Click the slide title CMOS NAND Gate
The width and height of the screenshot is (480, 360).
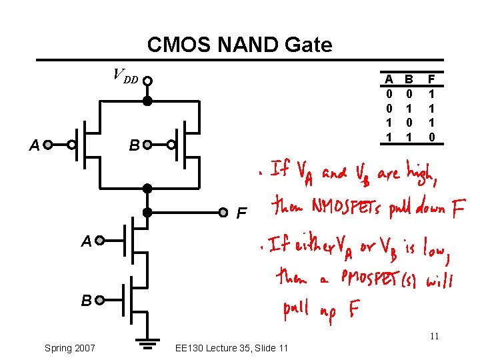239,45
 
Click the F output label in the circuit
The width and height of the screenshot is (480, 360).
243,215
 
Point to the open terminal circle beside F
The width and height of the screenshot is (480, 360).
224,213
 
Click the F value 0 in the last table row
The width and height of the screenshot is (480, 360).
432,137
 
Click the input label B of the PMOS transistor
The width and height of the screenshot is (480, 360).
133,145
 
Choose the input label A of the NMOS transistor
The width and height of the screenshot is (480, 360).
86,242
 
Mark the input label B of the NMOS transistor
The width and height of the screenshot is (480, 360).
86,301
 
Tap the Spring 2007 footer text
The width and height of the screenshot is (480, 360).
69,347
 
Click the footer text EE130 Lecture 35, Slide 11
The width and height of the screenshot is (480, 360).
231,347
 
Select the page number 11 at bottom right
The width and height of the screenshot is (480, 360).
434,336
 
